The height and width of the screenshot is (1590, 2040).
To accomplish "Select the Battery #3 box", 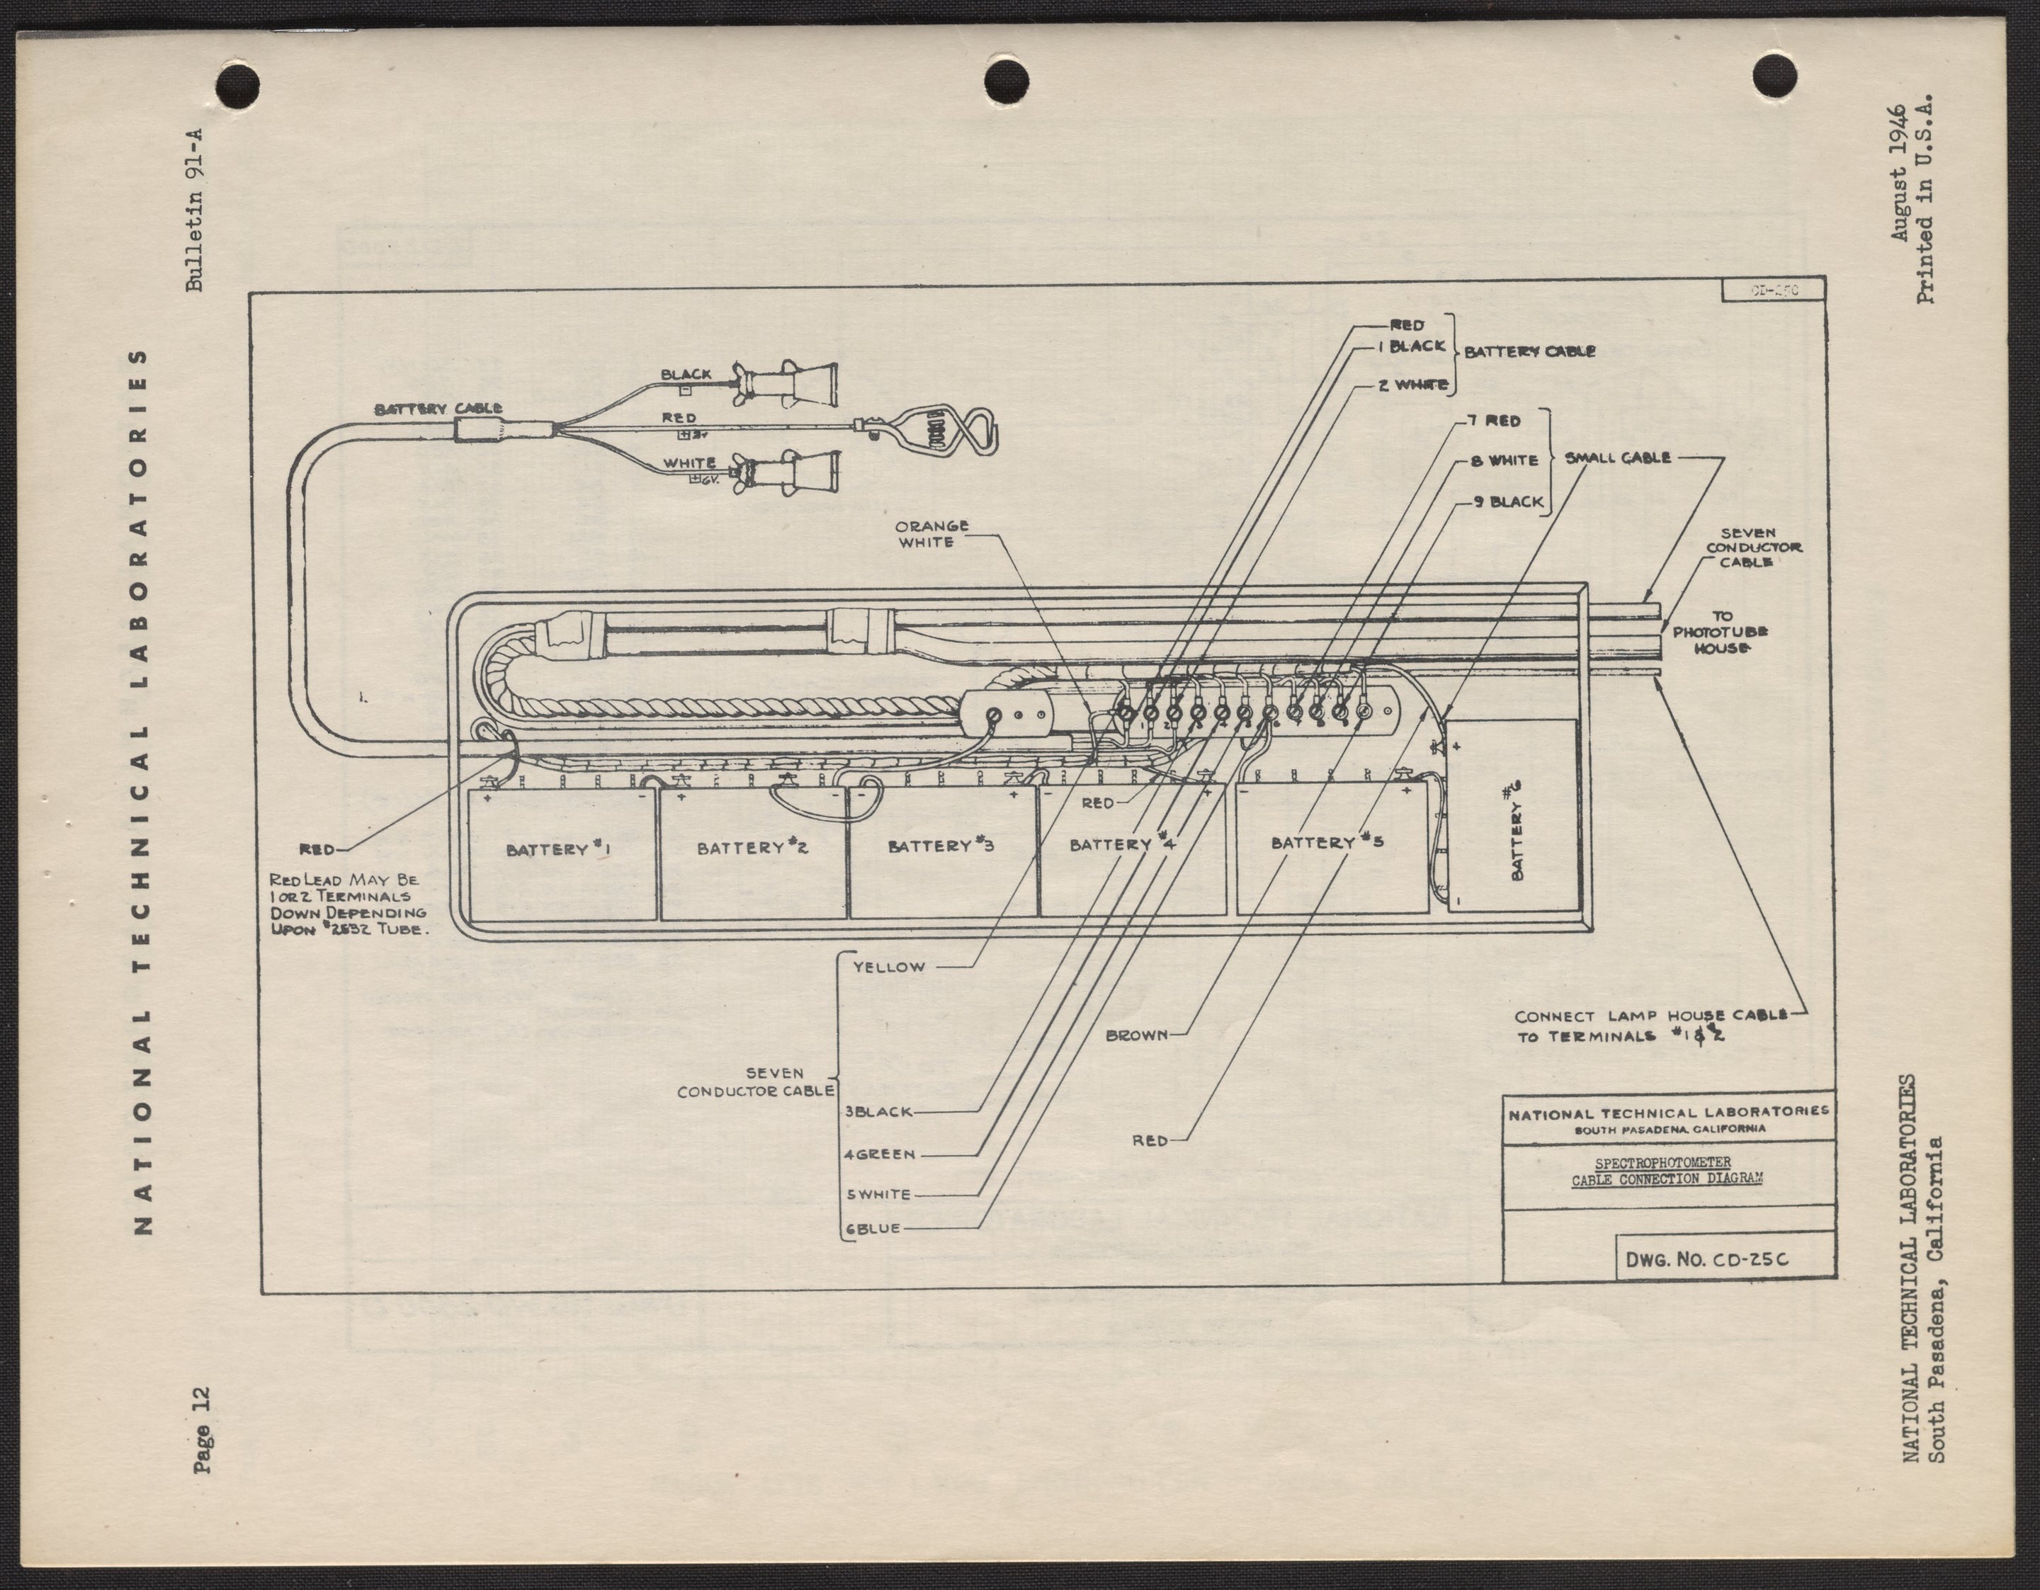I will click(x=943, y=850).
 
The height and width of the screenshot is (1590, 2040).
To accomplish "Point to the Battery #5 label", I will click(x=1327, y=841).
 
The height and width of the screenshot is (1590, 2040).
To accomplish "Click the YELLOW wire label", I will click(x=888, y=967).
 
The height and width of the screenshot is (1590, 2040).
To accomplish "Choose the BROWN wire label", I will click(x=1137, y=1035).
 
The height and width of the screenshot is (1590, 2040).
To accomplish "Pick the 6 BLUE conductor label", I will click(x=873, y=1230).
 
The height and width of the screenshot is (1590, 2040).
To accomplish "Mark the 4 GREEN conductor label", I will click(x=879, y=1154).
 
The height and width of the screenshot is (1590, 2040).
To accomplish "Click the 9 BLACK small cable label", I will click(x=1507, y=501).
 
